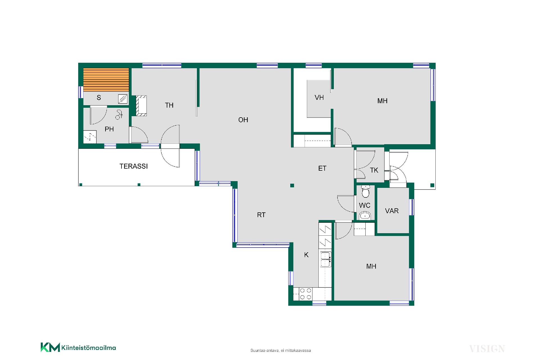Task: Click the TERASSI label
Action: point(134,166)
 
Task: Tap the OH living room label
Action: point(243,120)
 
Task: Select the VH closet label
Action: point(319,98)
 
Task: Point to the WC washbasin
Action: point(365,216)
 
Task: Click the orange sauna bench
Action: point(106,80)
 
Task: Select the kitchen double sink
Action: point(326,259)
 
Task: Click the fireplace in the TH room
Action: point(141,106)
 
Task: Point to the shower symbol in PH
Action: point(119,114)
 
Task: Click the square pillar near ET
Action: point(292,185)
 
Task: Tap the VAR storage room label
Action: point(392,211)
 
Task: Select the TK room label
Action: point(374,170)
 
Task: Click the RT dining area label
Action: point(261,215)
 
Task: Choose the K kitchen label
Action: point(306,255)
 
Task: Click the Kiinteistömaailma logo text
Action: point(88,348)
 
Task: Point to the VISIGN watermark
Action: point(487,349)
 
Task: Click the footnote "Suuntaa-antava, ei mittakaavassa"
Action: point(281,350)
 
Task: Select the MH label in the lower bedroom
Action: point(371,266)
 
